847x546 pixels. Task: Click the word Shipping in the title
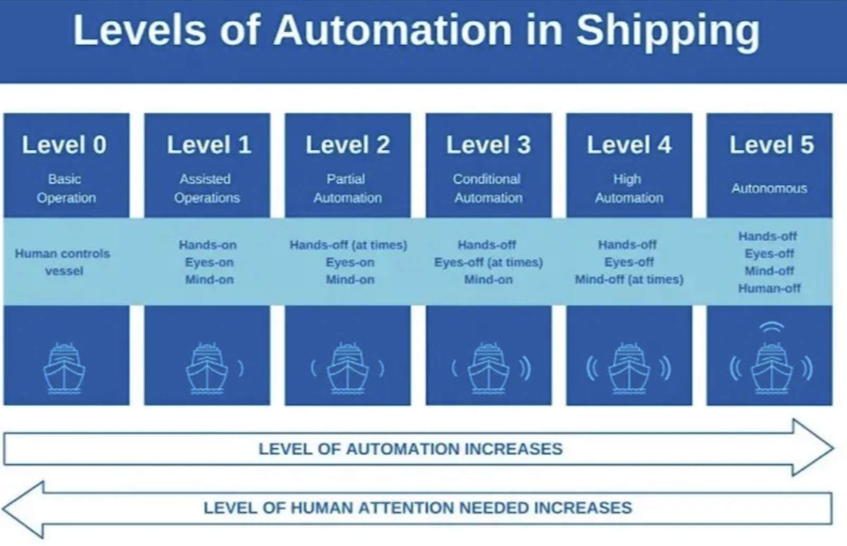pyautogui.click(x=668, y=31)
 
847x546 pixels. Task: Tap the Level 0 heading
pyautogui.click(x=64, y=145)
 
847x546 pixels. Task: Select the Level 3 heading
pyautogui.click(x=488, y=145)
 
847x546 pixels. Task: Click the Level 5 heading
pyautogui.click(x=771, y=145)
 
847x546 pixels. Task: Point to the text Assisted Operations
pyautogui.click(x=206, y=188)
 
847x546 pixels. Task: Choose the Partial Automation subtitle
pyautogui.click(x=347, y=188)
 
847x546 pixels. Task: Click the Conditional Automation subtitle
pyautogui.click(x=488, y=188)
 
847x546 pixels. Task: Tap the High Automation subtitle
pyautogui.click(x=628, y=188)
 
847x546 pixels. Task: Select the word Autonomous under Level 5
pyautogui.click(x=769, y=188)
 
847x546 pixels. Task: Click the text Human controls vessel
pyautogui.click(x=63, y=262)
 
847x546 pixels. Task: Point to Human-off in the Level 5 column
pyautogui.click(x=769, y=288)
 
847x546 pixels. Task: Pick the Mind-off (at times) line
pyautogui.click(x=629, y=279)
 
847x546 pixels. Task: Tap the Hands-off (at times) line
pyautogui.click(x=348, y=245)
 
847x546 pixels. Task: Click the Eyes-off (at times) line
pyautogui.click(x=488, y=262)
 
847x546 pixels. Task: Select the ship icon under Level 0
pyautogui.click(x=64, y=368)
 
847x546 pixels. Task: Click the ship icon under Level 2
pyautogui.click(x=347, y=368)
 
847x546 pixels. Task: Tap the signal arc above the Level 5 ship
pyautogui.click(x=771, y=327)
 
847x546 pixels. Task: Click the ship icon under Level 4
pyautogui.click(x=629, y=368)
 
